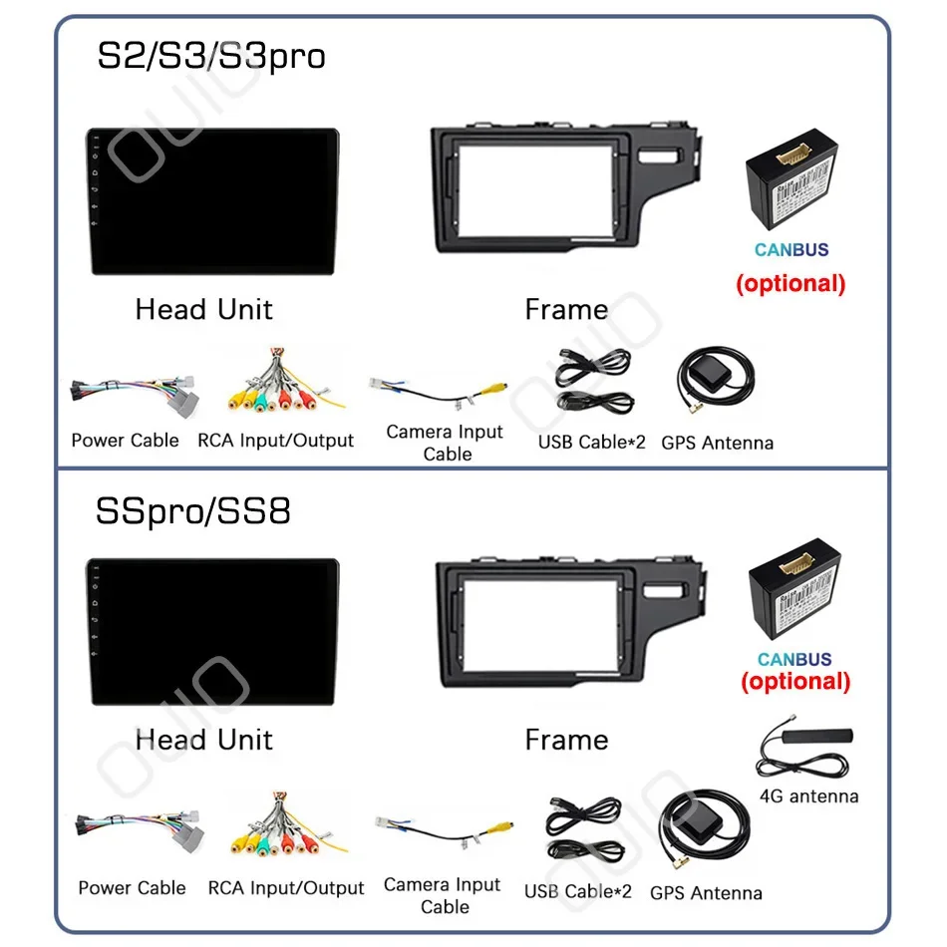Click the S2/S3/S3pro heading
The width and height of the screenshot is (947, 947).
(x=210, y=55)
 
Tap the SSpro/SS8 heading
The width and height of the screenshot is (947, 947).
(x=193, y=511)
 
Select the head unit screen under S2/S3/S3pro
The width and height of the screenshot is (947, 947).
(x=211, y=200)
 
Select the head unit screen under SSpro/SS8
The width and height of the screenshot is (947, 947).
(x=211, y=633)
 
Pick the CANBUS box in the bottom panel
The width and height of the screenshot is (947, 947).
(x=794, y=596)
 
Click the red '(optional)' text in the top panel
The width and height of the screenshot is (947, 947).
(x=790, y=283)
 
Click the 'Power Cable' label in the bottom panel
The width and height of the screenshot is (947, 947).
(x=132, y=887)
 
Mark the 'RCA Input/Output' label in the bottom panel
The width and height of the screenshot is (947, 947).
(x=286, y=887)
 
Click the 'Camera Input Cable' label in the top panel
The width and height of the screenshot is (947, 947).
(x=445, y=443)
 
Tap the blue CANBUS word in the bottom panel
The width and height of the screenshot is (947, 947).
(x=793, y=659)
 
